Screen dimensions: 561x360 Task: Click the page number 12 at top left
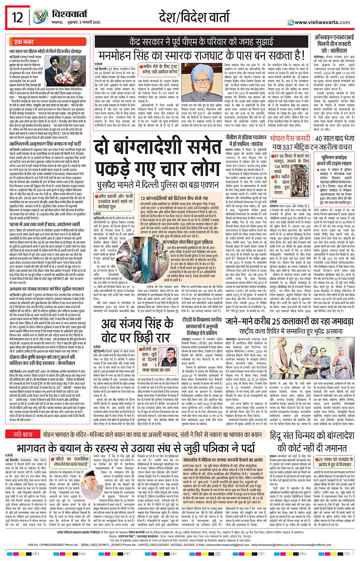17,17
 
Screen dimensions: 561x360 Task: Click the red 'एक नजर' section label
24,42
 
